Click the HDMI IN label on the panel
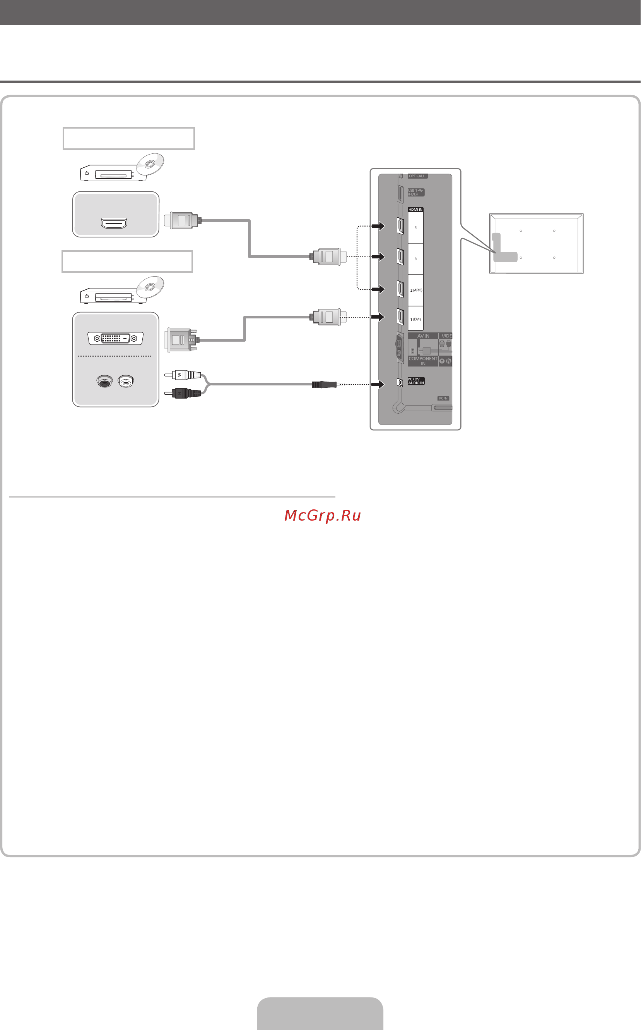point(415,210)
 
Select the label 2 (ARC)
point(416,290)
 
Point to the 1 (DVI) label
point(415,319)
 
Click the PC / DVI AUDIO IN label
point(416,381)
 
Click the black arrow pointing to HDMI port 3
point(378,257)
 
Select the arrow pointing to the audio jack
point(378,385)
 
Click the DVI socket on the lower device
point(115,338)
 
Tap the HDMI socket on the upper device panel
point(114,223)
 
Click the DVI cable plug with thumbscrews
point(181,339)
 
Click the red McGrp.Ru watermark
point(323,515)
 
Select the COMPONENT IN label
point(423,361)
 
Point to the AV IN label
point(423,336)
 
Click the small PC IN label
point(443,398)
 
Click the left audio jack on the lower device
point(104,381)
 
